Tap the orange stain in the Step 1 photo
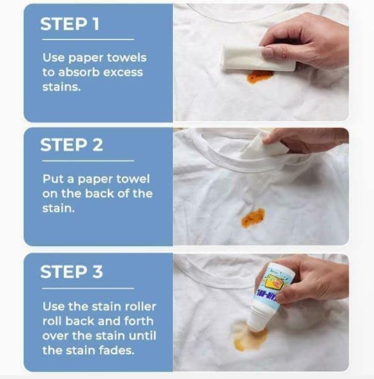(x=259, y=77)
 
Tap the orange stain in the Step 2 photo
(x=253, y=218)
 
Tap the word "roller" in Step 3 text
(x=138, y=306)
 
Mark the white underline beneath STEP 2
(x=87, y=161)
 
